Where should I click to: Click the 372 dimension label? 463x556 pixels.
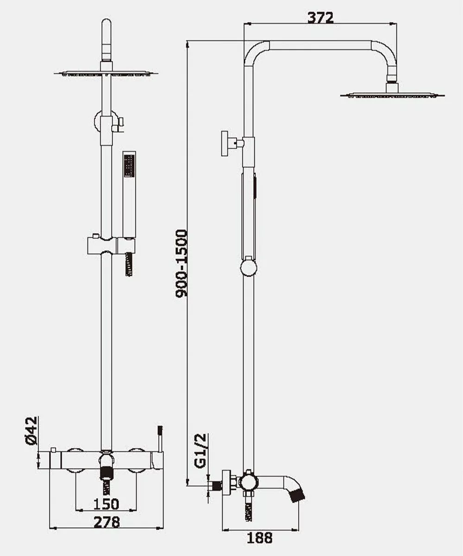pos(320,18)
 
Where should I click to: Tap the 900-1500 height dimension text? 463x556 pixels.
pos(181,263)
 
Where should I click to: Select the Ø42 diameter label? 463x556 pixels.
pos(31,431)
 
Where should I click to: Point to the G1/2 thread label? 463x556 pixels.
pos(200,451)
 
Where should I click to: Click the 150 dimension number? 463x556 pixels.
pos(106,504)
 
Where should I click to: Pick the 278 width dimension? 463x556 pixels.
pos(106,522)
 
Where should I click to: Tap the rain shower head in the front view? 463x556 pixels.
pos(106,74)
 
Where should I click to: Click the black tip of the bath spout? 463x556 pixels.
pos(298,496)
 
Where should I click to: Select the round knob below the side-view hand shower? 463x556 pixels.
pos(249,268)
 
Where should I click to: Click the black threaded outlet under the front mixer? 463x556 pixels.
pos(106,473)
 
